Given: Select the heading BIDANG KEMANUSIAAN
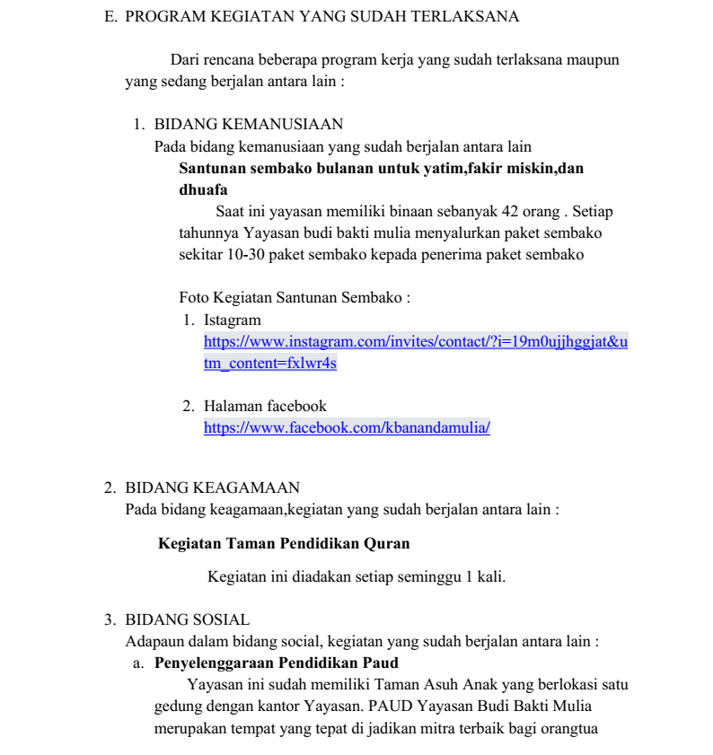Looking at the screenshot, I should tap(249, 125).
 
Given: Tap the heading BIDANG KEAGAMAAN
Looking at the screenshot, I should tap(212, 487).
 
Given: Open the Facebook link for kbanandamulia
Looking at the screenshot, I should tap(347, 428).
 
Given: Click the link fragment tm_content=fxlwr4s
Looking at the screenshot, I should tap(270, 364).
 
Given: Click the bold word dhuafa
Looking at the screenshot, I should tap(203, 190).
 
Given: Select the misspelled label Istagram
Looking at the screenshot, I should tap(233, 320).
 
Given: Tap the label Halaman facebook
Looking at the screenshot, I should tap(265, 407).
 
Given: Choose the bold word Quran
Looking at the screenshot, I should tap(387, 544).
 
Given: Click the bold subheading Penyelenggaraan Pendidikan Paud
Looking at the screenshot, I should tap(277, 663).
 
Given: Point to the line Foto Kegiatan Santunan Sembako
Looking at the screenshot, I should tap(295, 298).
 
